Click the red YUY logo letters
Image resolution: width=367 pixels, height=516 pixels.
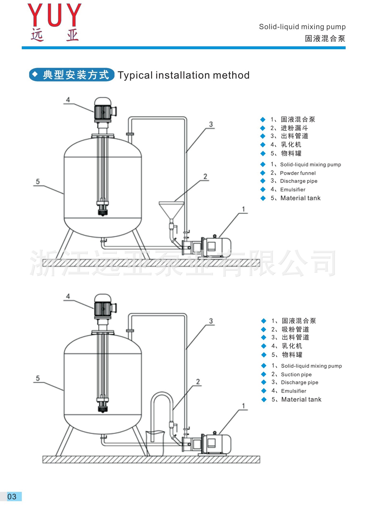tap(54, 15)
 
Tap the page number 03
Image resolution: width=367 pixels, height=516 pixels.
tap(12, 496)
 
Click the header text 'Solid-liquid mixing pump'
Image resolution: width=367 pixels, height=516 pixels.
tap(302, 27)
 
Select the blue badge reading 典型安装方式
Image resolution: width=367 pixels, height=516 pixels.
tap(72, 75)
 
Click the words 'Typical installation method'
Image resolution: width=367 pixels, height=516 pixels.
tap(183, 75)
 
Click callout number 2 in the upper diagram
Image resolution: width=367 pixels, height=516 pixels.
tap(205, 176)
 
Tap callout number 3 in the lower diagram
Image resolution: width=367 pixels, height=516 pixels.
tap(211, 321)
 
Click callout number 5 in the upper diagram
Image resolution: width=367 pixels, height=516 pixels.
tap(38, 181)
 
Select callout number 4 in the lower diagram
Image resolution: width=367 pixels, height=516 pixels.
tap(68, 296)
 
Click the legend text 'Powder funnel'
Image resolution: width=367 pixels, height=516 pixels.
tap(298, 173)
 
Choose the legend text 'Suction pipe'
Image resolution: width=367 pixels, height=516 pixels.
tap(296, 374)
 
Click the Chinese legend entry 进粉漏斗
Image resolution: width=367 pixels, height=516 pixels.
tap(294, 128)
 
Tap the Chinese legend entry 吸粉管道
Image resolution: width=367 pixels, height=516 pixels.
tap(295, 329)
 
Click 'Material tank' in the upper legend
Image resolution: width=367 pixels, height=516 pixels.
tap(300, 198)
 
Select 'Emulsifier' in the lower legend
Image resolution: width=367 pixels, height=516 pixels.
tap(293, 391)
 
